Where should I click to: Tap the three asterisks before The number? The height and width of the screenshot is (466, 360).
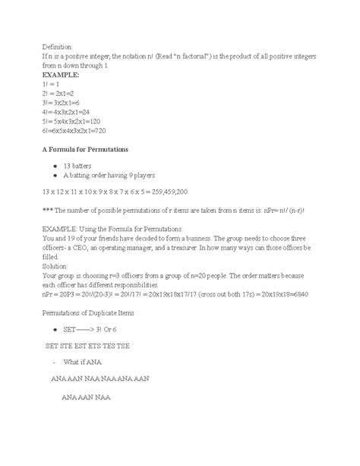click(x=47, y=211)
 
